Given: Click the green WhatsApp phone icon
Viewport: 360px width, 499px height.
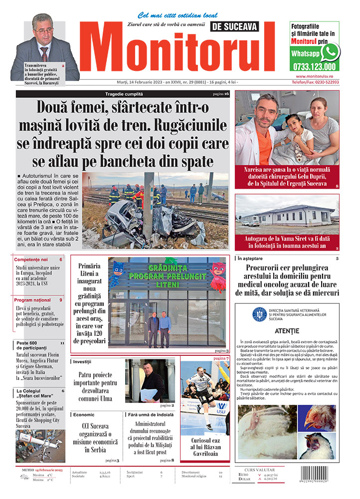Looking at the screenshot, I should click(330, 52).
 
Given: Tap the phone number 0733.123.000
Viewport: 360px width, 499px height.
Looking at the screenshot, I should click(314, 66).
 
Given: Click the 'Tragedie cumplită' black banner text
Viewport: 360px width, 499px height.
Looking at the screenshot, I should click(124, 94).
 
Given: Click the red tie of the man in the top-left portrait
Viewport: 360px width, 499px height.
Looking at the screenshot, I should click(44, 53).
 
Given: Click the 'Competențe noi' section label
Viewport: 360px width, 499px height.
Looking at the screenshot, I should click(31, 259).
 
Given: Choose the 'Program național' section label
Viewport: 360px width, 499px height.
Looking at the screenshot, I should click(32, 300).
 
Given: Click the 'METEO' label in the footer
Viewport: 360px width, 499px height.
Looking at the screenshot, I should click(27, 470).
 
